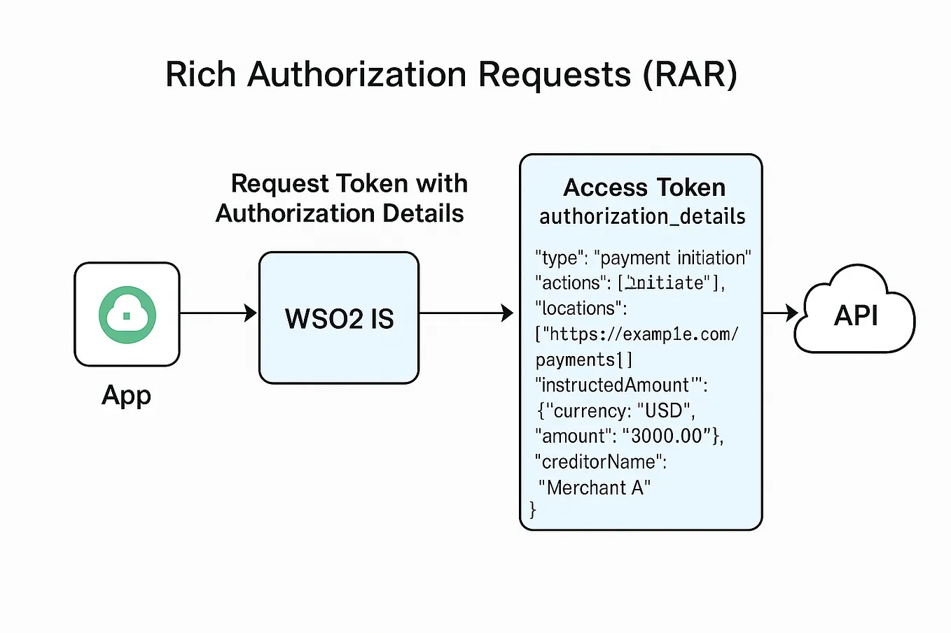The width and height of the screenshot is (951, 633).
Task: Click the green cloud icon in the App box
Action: click(x=127, y=315)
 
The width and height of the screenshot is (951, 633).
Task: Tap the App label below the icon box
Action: click(x=126, y=396)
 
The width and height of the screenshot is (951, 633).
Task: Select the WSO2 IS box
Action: click(x=339, y=318)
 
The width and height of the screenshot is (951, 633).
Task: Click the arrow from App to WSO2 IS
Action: click(x=218, y=313)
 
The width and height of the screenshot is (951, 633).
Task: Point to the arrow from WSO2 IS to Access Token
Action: click(x=466, y=313)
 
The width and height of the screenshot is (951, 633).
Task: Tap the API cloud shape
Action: click(x=855, y=315)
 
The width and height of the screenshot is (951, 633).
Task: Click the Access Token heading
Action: click(x=644, y=187)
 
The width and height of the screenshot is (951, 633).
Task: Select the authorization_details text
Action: click(x=642, y=217)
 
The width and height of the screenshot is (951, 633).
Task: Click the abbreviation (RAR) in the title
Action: click(x=690, y=74)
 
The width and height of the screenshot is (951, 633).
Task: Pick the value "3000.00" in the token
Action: click(x=666, y=436)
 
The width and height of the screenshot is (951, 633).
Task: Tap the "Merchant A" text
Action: click(x=595, y=488)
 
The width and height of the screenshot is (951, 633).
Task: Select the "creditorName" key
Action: click(x=598, y=462)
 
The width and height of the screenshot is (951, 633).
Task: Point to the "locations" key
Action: click(x=578, y=308)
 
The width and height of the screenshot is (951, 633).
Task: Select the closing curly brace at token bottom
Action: click(x=533, y=510)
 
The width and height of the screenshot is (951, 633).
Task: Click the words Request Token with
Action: click(x=349, y=183)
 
